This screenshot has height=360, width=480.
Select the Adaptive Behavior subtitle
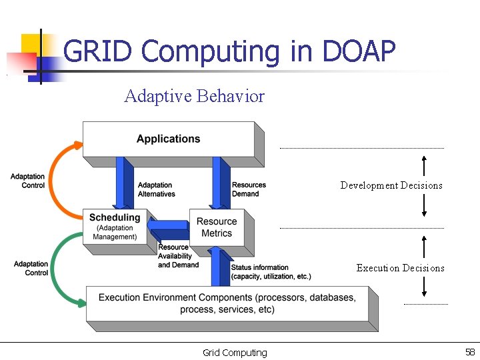point(194,97)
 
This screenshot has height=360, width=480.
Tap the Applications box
point(168,139)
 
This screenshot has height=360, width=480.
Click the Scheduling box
point(115,227)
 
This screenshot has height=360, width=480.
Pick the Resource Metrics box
point(217,227)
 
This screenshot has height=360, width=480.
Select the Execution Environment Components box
point(227,303)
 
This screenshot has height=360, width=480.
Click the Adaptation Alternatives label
point(156,189)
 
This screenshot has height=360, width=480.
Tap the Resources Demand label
point(249,189)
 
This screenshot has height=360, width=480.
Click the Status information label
point(271,272)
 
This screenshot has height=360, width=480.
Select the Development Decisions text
point(391,185)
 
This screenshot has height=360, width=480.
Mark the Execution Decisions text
point(400,268)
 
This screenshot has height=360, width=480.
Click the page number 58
point(469,352)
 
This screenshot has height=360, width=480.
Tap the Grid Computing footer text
point(235,353)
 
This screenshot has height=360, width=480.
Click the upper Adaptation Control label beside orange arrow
point(27,181)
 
